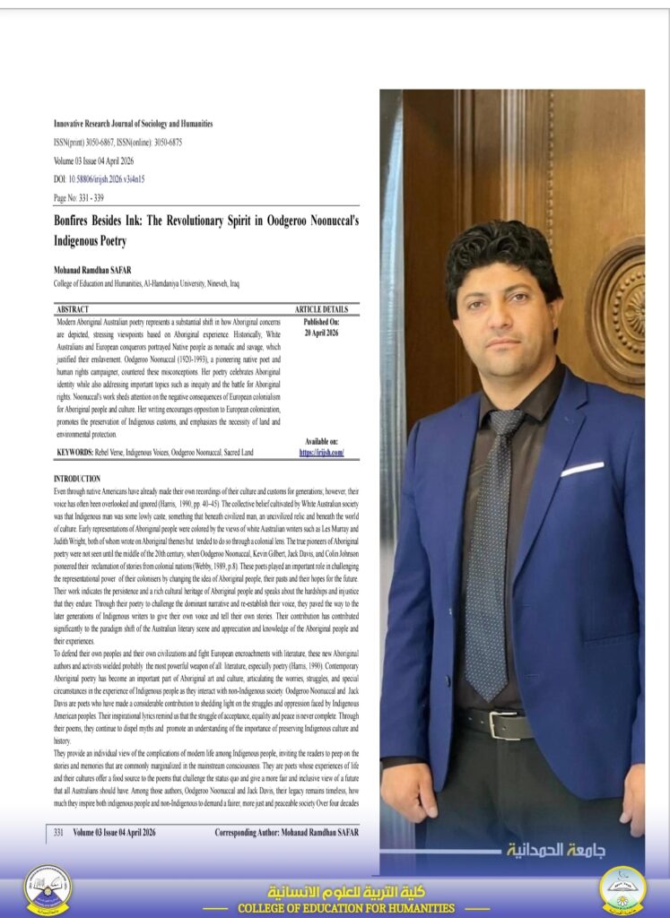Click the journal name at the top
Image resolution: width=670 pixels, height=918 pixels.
(133, 124)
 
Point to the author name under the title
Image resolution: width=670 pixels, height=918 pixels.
(94, 271)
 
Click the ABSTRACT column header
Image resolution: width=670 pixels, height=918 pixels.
(75, 309)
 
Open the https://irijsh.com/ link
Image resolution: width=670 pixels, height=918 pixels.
(322, 453)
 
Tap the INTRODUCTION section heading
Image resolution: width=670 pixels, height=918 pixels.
(77, 479)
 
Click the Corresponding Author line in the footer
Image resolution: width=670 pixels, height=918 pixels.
(286, 832)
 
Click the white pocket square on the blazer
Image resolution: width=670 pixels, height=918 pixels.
(582, 468)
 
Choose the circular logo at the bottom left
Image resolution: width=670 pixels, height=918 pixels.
(48, 888)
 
